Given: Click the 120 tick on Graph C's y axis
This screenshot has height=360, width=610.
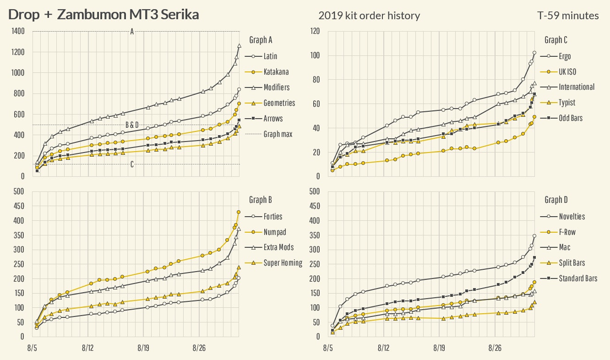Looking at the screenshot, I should [x=315, y=32].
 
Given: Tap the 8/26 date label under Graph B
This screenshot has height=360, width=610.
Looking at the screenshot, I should [x=199, y=348].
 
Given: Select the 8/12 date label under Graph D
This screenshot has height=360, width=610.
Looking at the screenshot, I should [x=383, y=348].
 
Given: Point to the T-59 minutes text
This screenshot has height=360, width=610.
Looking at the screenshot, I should [x=568, y=16].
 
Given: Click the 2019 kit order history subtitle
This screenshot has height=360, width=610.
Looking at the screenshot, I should [x=369, y=16].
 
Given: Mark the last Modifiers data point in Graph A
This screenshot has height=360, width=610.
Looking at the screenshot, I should [x=239, y=46].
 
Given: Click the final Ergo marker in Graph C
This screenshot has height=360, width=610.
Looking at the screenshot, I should [x=534, y=53].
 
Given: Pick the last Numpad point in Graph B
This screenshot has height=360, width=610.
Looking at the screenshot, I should [x=239, y=212].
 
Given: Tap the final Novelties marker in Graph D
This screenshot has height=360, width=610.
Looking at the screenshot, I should [x=534, y=236].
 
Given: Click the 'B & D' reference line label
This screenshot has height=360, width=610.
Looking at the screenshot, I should [x=132, y=125].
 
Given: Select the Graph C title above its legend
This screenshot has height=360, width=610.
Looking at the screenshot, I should [x=556, y=40].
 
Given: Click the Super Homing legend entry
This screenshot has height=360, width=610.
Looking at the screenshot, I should [x=283, y=263].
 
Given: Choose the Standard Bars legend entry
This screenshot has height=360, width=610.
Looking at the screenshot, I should [x=578, y=278].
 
